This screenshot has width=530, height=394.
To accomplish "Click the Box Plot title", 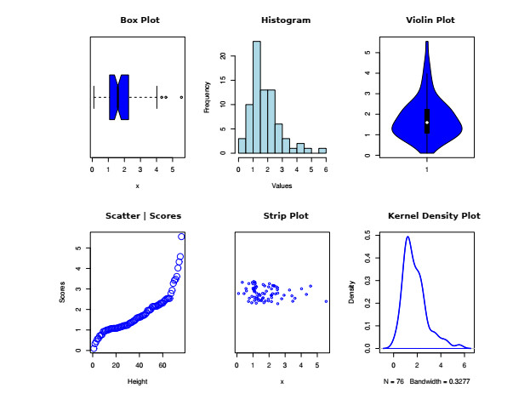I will (x=140, y=20).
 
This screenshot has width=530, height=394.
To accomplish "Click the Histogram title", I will (x=285, y=20).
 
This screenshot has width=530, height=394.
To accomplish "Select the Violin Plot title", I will (x=430, y=20).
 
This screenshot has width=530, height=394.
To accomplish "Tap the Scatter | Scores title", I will (x=143, y=216).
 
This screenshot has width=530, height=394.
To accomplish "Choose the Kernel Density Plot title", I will (x=434, y=216).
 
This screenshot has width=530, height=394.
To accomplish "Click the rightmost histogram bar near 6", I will (x=322, y=151).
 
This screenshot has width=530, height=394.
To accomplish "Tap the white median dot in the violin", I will (x=427, y=123).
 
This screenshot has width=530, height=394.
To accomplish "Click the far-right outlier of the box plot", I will (x=181, y=97).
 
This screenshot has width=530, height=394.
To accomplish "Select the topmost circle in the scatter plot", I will (x=181, y=236).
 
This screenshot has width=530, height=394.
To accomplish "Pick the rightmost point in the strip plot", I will (x=326, y=301).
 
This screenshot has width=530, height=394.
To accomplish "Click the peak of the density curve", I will (x=407, y=237).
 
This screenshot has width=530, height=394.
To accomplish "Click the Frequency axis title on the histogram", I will (x=207, y=97).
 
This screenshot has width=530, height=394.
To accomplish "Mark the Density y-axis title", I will (x=352, y=293).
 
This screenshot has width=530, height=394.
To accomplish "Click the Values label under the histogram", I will (x=282, y=185).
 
